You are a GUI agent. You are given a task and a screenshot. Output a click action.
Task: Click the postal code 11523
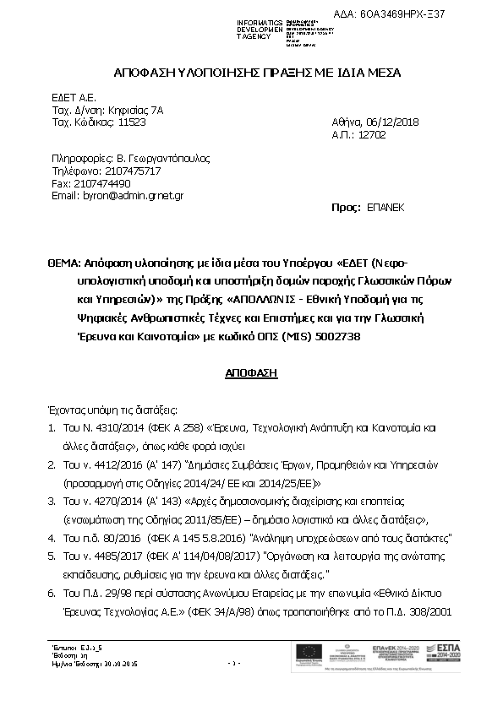click(x=131, y=122)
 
